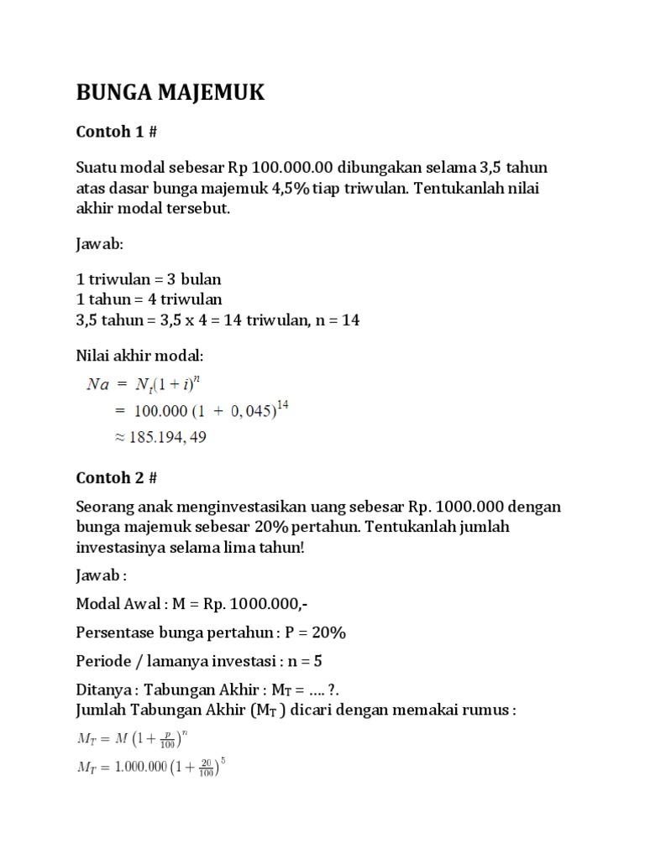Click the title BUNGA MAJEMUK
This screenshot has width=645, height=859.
click(170, 93)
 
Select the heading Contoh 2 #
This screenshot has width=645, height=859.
click(116, 477)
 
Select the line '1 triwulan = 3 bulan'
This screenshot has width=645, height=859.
click(148, 279)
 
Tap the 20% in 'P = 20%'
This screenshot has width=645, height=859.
click(328, 632)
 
